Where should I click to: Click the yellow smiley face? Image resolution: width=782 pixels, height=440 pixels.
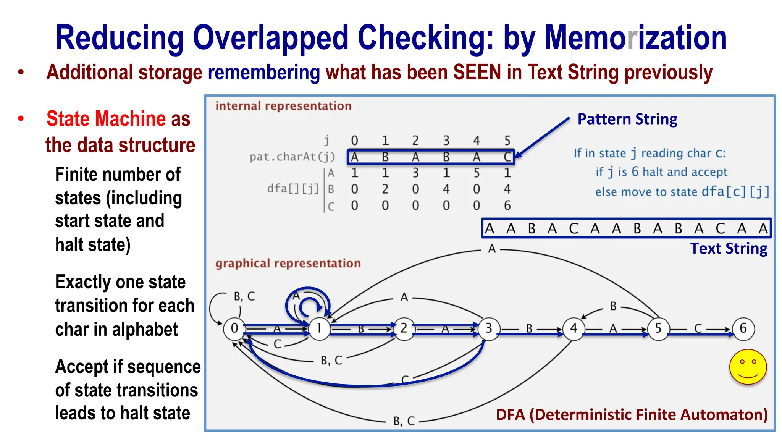(748, 367)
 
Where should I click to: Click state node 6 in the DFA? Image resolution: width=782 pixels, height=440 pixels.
(743, 328)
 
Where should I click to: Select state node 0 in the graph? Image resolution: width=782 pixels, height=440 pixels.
(234, 328)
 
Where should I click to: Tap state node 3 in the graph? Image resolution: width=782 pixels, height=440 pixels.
(489, 328)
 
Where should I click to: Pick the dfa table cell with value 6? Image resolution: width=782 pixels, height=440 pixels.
(507, 206)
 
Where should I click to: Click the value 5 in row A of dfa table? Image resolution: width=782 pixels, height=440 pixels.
(477, 173)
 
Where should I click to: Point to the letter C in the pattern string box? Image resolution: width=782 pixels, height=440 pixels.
(507, 157)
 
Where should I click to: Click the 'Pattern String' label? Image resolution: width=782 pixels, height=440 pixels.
(627, 119)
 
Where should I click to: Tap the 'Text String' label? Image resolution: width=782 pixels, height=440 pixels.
(729, 249)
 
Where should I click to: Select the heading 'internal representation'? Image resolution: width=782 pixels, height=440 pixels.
(283, 106)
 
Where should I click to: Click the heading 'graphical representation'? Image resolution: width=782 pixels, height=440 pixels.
(288, 263)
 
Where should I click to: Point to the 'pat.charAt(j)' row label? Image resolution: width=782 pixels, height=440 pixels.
(292, 157)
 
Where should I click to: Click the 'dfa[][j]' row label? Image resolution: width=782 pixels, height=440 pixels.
(293, 189)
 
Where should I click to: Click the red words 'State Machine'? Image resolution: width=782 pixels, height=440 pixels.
(106, 118)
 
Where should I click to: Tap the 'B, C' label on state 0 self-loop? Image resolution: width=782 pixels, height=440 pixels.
(244, 296)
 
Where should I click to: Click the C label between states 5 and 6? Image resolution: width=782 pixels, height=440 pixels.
(698, 328)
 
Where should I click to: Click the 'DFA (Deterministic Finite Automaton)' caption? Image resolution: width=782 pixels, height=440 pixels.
(632, 414)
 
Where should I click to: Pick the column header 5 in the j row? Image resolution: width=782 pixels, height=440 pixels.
(507, 141)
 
